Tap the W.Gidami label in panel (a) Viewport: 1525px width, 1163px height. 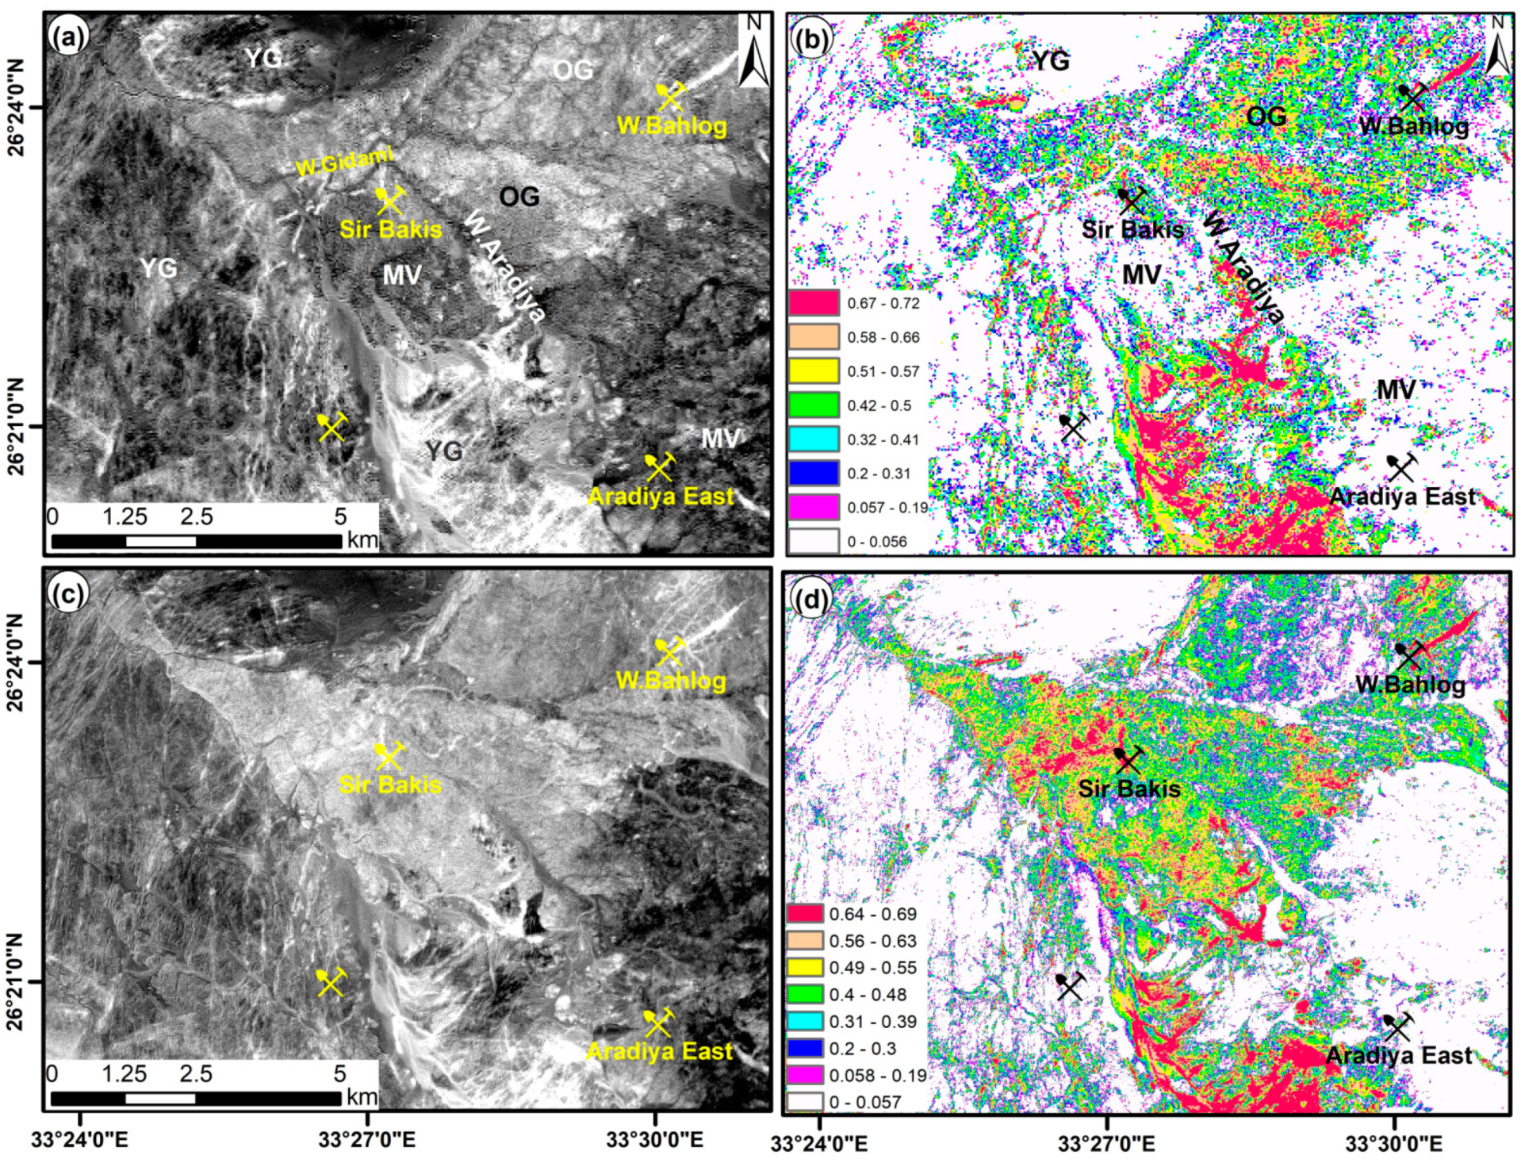[x=343, y=163]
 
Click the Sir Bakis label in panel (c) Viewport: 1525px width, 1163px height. [x=389, y=785]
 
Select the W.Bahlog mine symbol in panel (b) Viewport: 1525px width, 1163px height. [x=1412, y=98]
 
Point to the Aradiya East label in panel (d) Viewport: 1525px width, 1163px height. [x=1398, y=1056]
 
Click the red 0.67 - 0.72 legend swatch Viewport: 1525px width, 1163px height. [x=813, y=303]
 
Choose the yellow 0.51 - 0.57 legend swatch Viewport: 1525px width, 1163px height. [x=813, y=371]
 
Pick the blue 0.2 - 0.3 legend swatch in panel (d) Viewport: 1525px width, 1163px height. [x=805, y=1048]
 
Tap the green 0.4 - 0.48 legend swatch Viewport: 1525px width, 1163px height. [x=805, y=995]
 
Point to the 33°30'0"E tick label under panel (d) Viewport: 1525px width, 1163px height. [x=1394, y=1144]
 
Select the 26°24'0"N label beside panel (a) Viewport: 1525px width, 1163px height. [x=17, y=106]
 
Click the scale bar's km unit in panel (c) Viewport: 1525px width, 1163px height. [x=362, y=1097]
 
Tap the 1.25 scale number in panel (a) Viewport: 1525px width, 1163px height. [x=125, y=517]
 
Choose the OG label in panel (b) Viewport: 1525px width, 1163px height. [x=1266, y=117]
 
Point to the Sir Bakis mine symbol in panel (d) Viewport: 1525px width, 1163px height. [x=1128, y=759]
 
